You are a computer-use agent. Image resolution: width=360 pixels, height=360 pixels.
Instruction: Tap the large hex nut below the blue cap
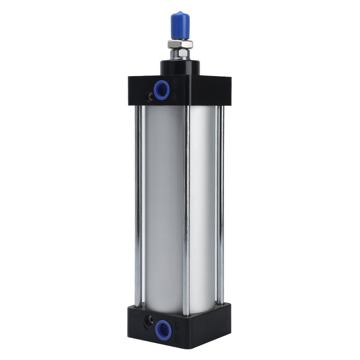180,44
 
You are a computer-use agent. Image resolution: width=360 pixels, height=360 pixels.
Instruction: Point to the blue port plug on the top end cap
162,90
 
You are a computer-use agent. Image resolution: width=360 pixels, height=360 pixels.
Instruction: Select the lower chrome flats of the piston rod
180,54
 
